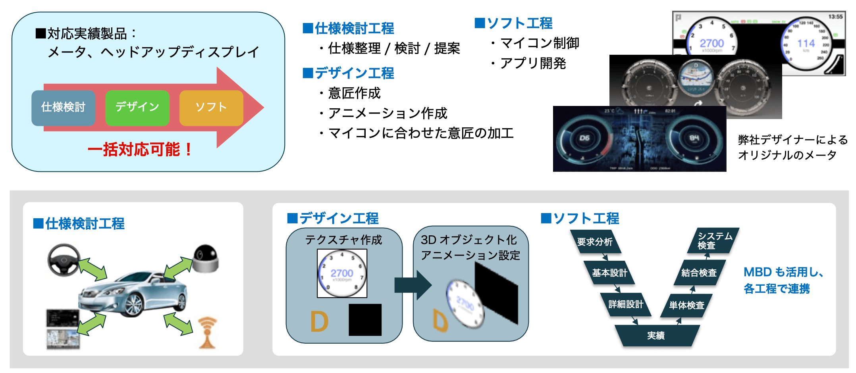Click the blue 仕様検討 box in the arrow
63,108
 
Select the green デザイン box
137,108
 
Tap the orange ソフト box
211,108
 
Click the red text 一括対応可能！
140,150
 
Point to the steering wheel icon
64,260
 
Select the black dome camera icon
206,258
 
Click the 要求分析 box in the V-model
595,241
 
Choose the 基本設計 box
609,273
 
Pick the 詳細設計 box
626,304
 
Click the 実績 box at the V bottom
656,336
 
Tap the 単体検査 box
686,305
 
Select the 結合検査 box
699,273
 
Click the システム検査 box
713,240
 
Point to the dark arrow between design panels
413,285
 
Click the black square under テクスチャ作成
365,320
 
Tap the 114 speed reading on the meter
806,43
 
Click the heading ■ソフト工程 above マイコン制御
514,23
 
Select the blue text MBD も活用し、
783,272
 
